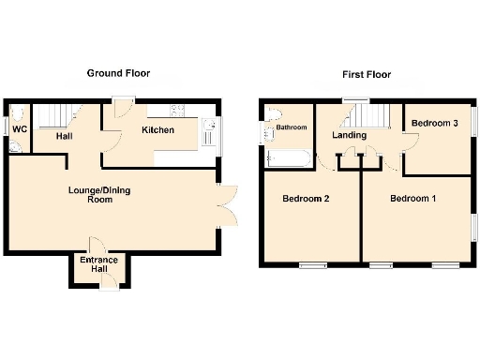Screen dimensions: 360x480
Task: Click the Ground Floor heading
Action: pos(118,73)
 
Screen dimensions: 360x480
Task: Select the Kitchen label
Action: pos(157,130)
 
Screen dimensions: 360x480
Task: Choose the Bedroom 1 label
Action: pos(412,198)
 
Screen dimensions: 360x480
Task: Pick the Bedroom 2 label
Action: pos(305,198)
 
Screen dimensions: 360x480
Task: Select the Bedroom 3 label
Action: pos(435,123)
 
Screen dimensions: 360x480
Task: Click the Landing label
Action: pos(350,136)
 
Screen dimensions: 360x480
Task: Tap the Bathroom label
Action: pos(291,127)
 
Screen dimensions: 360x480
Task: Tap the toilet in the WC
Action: pos(13,149)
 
